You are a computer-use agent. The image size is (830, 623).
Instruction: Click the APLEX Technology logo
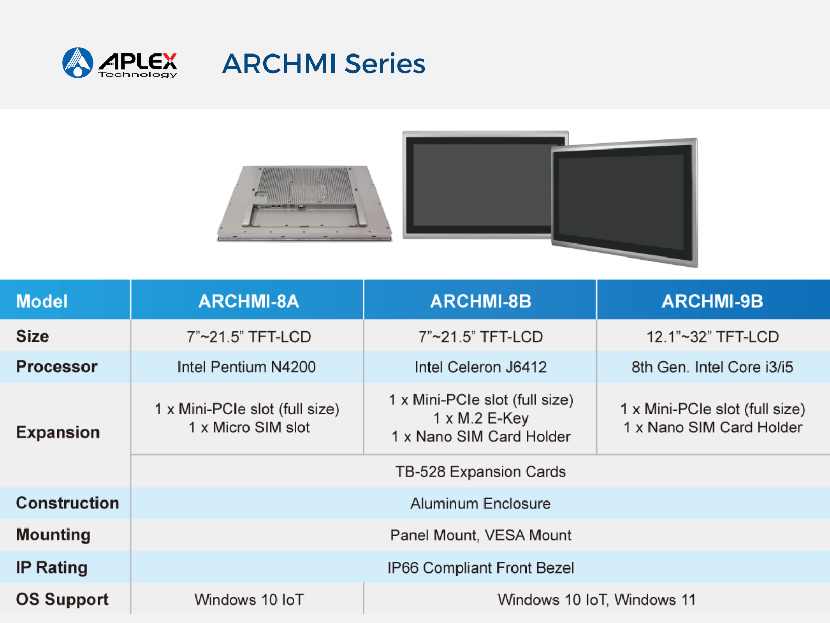(119, 63)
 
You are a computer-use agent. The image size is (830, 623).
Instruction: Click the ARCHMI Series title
(323, 63)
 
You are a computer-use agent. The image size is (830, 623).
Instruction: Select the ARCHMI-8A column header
(248, 301)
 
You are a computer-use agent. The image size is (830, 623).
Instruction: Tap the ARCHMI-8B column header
(480, 301)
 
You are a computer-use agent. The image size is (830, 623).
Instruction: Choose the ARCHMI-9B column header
(712, 301)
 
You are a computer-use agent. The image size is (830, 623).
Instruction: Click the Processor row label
(57, 367)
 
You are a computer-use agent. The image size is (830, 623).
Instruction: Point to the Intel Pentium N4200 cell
(246, 367)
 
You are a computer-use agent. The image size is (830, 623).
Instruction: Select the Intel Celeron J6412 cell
(480, 367)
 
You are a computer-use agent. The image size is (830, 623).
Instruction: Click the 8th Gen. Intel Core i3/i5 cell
(712, 367)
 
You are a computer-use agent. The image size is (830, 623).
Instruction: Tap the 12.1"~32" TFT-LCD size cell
(712, 336)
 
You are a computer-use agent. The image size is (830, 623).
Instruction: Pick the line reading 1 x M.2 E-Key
(480, 418)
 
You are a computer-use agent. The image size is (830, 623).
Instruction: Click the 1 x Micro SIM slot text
(249, 427)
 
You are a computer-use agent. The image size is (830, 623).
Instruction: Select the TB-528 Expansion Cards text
(480, 472)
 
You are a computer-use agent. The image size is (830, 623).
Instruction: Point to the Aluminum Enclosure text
(480, 504)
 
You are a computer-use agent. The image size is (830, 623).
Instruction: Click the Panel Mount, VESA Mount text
(480, 535)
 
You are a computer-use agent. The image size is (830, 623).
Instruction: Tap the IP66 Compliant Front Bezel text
(480, 568)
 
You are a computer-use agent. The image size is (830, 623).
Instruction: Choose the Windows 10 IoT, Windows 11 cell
(597, 600)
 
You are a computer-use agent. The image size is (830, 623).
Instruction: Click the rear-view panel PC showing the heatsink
(305, 203)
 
